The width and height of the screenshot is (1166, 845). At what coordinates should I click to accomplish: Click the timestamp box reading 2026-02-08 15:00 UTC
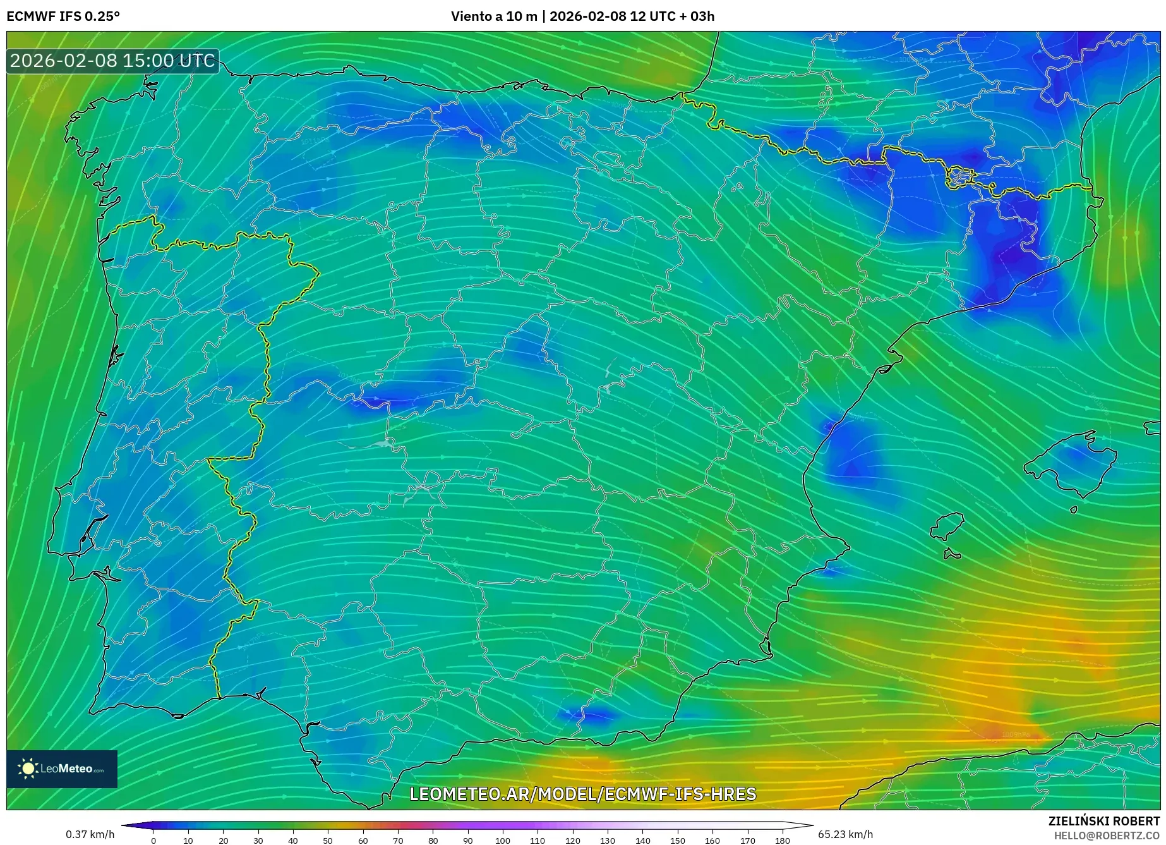(x=112, y=61)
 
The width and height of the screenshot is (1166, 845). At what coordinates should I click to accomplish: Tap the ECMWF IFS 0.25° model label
(x=63, y=16)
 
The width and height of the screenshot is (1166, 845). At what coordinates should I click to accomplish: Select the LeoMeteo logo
(x=62, y=769)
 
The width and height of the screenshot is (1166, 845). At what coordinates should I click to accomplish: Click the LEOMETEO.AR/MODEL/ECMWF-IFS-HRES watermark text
(x=582, y=794)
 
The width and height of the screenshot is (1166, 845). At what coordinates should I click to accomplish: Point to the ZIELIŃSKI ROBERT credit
(x=1103, y=821)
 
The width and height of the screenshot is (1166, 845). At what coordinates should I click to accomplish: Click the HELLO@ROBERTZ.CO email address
(x=1107, y=836)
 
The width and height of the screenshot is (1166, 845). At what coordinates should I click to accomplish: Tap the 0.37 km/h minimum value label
(x=90, y=834)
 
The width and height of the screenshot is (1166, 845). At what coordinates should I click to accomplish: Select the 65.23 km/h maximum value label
(x=845, y=834)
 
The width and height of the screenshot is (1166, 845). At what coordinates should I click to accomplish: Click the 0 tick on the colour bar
(x=153, y=841)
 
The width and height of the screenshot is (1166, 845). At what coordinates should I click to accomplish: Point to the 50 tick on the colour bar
(x=328, y=841)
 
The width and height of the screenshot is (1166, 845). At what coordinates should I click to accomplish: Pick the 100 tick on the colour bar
(x=502, y=841)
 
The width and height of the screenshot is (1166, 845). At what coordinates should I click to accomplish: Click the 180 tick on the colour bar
(x=782, y=841)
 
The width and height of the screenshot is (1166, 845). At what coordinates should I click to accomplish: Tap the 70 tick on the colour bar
(x=398, y=841)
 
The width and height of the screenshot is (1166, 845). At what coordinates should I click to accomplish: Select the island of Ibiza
(x=947, y=526)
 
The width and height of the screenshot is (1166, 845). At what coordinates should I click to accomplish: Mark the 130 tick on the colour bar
(x=608, y=841)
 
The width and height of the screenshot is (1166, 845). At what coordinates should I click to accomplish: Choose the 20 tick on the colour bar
(x=223, y=841)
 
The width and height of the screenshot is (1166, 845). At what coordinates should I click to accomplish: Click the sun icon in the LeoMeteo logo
(x=28, y=769)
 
